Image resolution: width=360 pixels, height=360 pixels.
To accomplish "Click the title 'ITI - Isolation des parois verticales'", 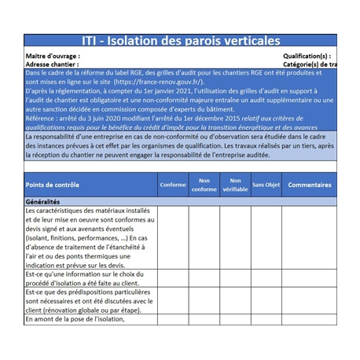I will [180, 41].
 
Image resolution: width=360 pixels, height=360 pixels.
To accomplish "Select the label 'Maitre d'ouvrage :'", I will [53, 57].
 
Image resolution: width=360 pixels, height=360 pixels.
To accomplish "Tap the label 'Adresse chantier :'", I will [54, 64].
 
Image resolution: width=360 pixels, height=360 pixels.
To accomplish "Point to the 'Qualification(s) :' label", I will [307, 57].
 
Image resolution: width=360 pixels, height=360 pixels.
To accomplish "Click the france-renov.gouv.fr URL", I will [158, 81].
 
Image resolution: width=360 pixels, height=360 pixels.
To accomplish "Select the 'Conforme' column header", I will [173, 185].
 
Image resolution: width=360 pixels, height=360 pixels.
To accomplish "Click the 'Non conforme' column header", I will [204, 185].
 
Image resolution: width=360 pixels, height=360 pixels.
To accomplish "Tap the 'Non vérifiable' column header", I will [235, 185].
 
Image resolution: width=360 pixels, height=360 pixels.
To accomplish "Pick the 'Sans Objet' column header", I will [266, 185].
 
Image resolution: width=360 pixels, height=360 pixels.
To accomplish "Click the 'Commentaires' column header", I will [309, 185].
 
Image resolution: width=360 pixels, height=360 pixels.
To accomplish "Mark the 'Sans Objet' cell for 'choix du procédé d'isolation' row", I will [266, 278].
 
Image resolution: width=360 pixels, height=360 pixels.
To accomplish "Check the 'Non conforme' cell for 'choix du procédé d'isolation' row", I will [204, 278].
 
